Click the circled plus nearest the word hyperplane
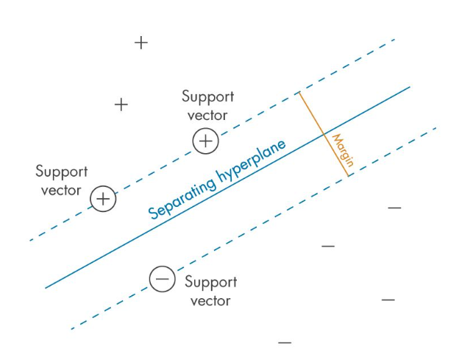click(x=206, y=141)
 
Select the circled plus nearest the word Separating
click(x=104, y=199)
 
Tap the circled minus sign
click(x=162, y=279)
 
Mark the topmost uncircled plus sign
click(x=141, y=43)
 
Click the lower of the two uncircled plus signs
click(x=121, y=105)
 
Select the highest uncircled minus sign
click(x=395, y=208)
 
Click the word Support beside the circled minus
click(x=210, y=283)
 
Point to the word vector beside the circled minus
click(x=210, y=300)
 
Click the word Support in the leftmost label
click(x=62, y=172)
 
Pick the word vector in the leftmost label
click(x=62, y=190)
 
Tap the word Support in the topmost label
click(x=207, y=97)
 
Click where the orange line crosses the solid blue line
click(x=323, y=134)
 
